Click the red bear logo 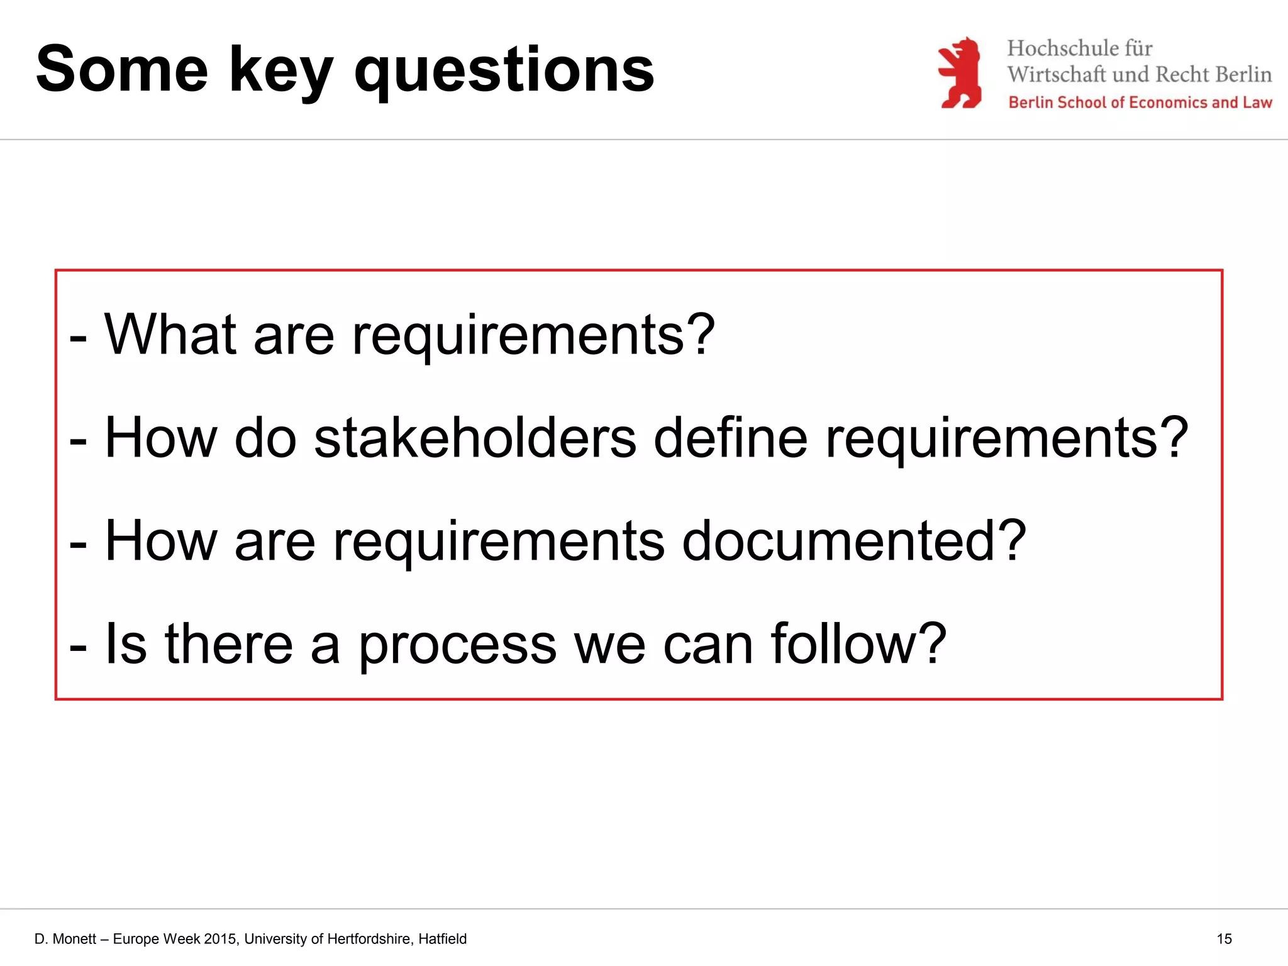[960, 73]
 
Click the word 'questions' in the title [504, 71]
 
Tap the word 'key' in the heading [280, 71]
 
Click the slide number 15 [1224, 939]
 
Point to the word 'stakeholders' [475, 438]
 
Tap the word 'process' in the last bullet [457, 645]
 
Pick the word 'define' [730, 438]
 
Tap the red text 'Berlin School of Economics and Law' [1140, 103]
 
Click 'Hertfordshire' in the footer [370, 939]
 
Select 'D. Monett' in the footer [65, 939]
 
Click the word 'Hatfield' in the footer [442, 939]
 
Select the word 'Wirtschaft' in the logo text [1056, 74]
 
